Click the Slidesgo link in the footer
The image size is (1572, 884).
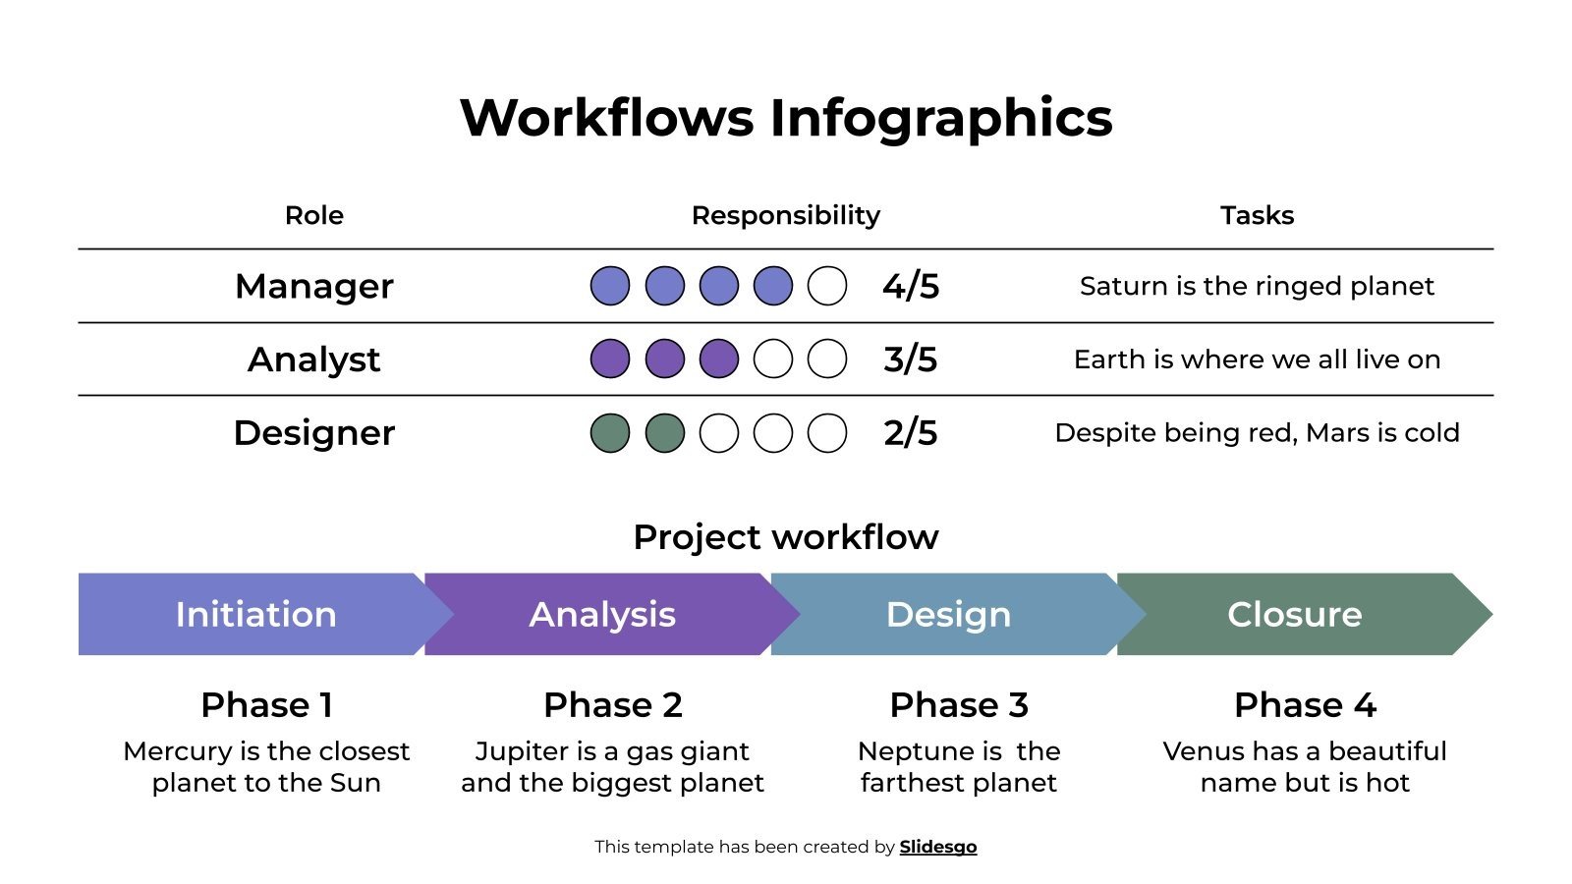tap(937, 847)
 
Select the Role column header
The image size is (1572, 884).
tap(314, 215)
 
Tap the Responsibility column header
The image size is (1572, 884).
tap(786, 215)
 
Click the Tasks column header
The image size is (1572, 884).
tap(1257, 215)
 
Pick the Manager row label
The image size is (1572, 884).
tap(314, 286)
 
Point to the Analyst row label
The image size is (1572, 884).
tap(314, 359)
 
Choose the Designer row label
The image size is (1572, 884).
tap(314, 433)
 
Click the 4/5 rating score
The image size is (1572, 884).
tap(911, 286)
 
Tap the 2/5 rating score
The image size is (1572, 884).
tap(911, 433)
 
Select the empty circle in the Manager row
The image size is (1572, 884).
tap(827, 286)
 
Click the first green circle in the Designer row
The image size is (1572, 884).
tap(610, 433)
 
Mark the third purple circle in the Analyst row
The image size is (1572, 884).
tap(718, 359)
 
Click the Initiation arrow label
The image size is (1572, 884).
tap(255, 614)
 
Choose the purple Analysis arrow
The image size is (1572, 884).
tap(602, 614)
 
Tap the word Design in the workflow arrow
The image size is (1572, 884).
tap(948, 614)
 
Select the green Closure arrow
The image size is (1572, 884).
tap(1295, 614)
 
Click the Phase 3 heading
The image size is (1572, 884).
tap(959, 705)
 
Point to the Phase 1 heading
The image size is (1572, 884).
tap(266, 705)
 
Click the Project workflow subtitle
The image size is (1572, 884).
tap(786, 537)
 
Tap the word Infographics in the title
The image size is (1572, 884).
tap(940, 118)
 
